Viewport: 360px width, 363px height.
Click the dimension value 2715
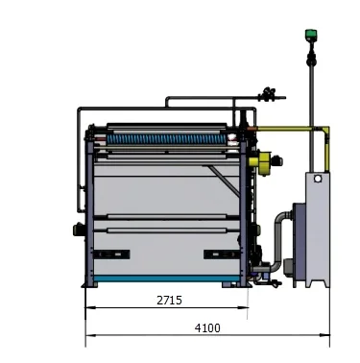pos(170,300)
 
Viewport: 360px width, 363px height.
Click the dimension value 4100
pos(207,327)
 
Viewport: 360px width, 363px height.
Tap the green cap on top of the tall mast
pos(310,36)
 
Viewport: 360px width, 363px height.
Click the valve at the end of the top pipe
pos(270,94)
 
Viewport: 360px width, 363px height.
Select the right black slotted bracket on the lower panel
pos(218,254)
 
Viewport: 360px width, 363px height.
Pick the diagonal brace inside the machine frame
pos(221,182)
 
